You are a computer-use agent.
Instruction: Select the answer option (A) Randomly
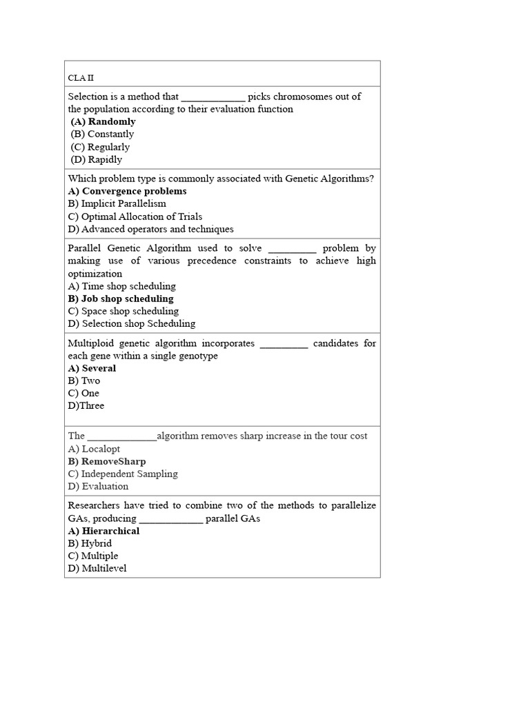[103, 122]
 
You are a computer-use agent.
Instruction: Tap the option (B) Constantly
[102, 134]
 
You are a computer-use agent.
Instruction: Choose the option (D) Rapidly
[97, 159]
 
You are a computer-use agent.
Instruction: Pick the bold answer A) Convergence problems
[128, 191]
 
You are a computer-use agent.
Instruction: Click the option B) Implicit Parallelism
[117, 203]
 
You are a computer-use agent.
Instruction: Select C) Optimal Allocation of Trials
[135, 216]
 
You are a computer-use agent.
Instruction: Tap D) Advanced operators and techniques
[151, 229]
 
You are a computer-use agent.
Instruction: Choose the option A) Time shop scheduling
[122, 286]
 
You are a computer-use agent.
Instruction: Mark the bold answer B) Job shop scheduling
[121, 299]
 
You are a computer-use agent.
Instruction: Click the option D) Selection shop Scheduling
[132, 323]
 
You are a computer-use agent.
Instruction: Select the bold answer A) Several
[92, 368]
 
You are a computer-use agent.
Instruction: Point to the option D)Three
[86, 405]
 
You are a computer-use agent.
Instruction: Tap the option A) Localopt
[94, 449]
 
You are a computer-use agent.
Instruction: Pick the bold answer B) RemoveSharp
[107, 461]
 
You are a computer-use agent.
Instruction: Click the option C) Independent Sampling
[123, 474]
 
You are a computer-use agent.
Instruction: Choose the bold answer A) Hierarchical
[104, 531]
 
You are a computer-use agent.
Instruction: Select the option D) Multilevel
[97, 568]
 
